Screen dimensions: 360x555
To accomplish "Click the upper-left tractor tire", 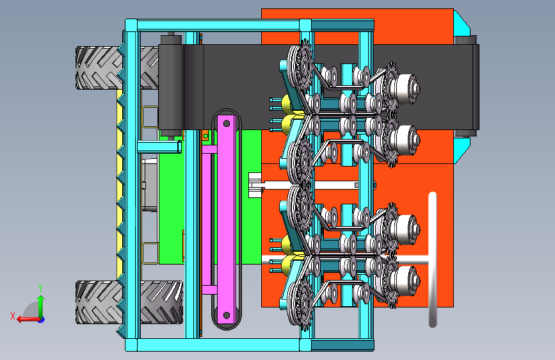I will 97,67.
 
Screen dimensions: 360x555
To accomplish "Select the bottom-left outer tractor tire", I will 96,302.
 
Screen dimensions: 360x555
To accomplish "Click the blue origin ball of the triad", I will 41,318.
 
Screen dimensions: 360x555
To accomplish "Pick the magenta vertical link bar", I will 226,218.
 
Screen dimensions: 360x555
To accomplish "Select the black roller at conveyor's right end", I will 466,86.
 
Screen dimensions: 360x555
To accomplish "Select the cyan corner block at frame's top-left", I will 131,26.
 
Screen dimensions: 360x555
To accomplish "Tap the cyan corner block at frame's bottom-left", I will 131,345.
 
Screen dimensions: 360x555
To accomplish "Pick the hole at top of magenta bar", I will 226,121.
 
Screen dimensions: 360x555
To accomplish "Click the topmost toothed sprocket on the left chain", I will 301,61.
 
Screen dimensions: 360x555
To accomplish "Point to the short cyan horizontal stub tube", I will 160,147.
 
